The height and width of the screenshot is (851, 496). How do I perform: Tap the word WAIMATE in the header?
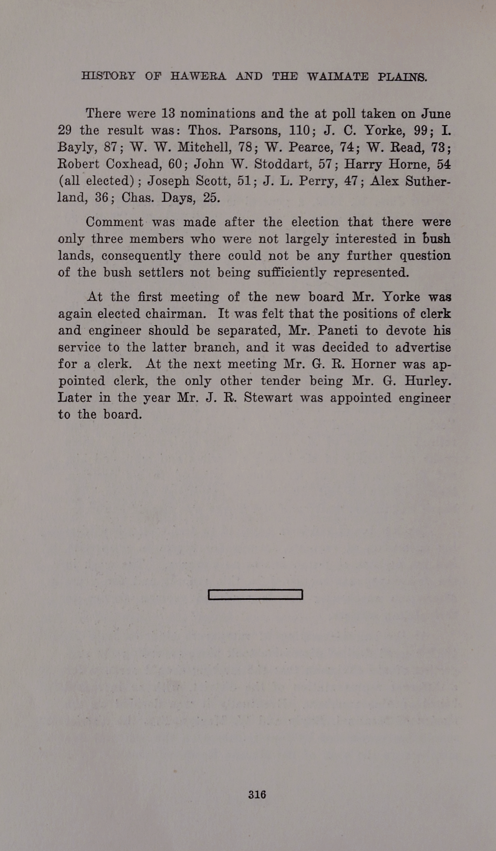(338, 76)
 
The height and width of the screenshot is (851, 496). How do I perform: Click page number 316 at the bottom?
(257, 794)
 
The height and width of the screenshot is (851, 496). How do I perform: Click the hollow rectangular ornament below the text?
(255, 595)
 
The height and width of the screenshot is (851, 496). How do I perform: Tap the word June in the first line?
(436, 113)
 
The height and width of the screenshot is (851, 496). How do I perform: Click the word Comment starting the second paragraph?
(115, 222)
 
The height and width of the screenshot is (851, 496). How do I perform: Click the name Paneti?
(337, 331)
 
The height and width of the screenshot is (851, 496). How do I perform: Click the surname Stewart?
(268, 397)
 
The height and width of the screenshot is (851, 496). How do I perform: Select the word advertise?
(423, 347)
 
